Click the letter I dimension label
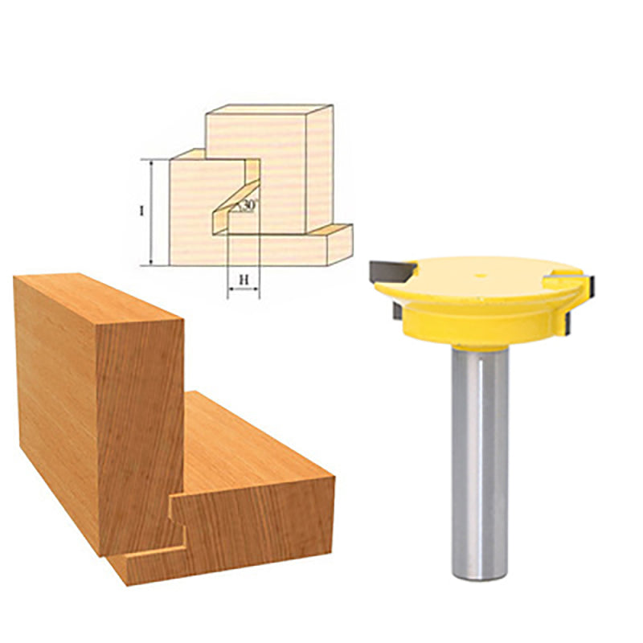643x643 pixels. pyautogui.click(x=141, y=211)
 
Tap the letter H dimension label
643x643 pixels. pyautogui.click(x=244, y=280)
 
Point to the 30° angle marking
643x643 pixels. pyautogui.click(x=248, y=205)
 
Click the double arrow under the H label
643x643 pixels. pyautogui.click(x=244, y=289)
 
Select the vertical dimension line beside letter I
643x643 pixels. pyautogui.click(x=152, y=212)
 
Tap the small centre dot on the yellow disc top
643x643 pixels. pyautogui.click(x=481, y=276)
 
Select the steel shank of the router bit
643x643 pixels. pyautogui.click(x=480, y=464)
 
